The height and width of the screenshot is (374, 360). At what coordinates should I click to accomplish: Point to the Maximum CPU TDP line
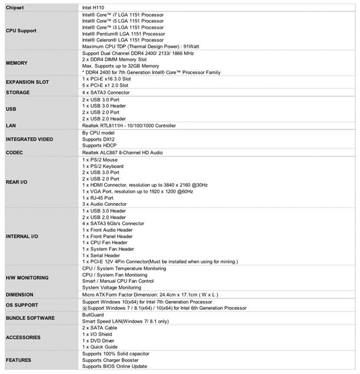(138, 47)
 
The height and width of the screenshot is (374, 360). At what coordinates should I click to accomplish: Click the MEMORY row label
(16, 63)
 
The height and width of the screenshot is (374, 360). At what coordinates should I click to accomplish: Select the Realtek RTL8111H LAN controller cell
(137, 125)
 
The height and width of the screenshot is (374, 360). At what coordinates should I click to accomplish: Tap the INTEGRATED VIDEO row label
(29, 139)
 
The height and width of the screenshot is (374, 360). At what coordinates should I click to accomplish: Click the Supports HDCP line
(100, 145)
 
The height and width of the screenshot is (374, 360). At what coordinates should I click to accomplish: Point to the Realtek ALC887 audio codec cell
(131, 152)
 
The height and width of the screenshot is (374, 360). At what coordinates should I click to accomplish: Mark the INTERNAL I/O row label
(23, 237)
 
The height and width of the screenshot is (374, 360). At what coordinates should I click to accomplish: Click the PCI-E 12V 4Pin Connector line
(160, 262)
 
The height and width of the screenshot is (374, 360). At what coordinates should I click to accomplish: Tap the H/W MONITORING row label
(27, 278)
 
